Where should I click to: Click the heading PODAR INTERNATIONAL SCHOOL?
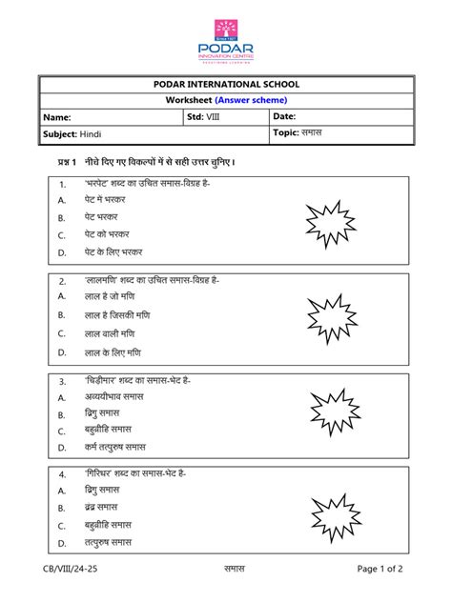[226, 85]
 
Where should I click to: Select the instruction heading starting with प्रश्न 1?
[142, 163]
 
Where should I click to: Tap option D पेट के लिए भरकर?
[113, 251]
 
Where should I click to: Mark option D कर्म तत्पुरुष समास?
[114, 446]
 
